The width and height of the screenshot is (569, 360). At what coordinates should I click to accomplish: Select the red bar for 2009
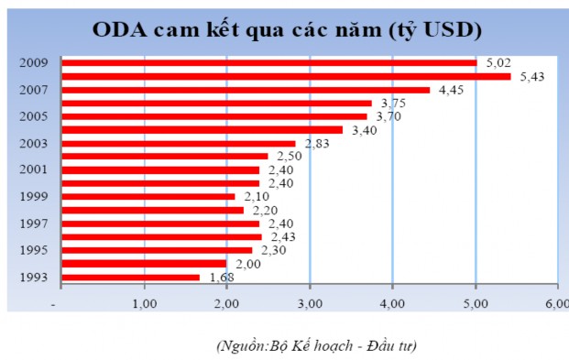[x=270, y=63]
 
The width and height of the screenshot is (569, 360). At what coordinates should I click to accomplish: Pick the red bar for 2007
[x=246, y=90]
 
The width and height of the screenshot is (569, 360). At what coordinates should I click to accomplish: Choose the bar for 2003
[x=180, y=143]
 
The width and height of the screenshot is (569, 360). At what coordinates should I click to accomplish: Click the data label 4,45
[x=448, y=90]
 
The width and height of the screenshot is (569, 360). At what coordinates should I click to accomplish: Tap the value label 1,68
[x=218, y=277]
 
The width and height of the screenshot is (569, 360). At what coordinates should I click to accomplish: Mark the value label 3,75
[x=391, y=104]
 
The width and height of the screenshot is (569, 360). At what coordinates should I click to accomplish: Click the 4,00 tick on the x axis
[x=392, y=302]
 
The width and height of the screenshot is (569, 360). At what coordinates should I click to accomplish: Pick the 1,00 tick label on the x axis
[x=145, y=302]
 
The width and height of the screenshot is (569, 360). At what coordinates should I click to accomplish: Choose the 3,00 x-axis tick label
[x=310, y=302]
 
